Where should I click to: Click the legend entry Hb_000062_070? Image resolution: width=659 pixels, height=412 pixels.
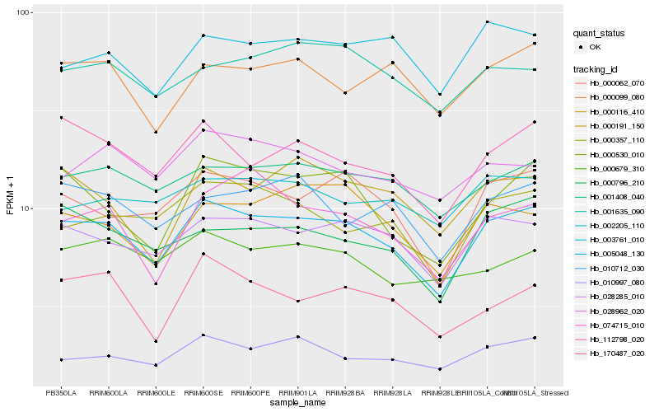615,83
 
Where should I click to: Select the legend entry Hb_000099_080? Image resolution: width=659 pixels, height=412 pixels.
615,97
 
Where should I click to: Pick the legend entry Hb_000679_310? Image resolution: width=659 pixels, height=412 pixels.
615,169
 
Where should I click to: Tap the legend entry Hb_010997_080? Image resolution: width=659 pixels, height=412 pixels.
615,283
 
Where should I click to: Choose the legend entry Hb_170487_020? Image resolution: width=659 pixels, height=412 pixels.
615,353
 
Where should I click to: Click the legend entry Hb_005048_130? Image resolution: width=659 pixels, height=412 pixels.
615,254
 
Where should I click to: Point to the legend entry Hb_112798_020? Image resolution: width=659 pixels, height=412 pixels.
615,339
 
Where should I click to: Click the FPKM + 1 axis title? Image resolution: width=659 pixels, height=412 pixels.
11,199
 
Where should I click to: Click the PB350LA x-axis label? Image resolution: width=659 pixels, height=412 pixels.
61,392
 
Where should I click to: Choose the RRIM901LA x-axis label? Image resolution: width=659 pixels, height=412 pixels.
297,392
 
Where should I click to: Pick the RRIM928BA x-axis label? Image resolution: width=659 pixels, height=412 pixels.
344,392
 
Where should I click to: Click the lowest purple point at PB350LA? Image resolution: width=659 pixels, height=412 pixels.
61,360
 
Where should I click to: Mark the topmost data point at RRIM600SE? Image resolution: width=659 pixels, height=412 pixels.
203,35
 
